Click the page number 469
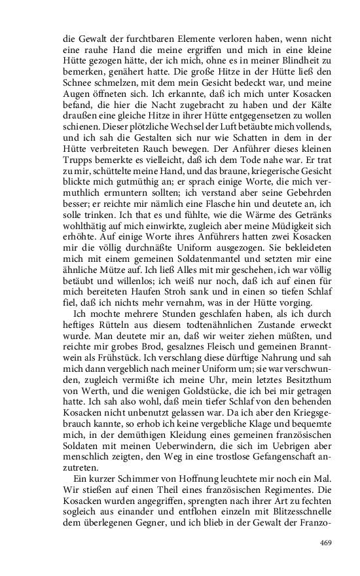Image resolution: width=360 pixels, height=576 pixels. pos(326,543)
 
